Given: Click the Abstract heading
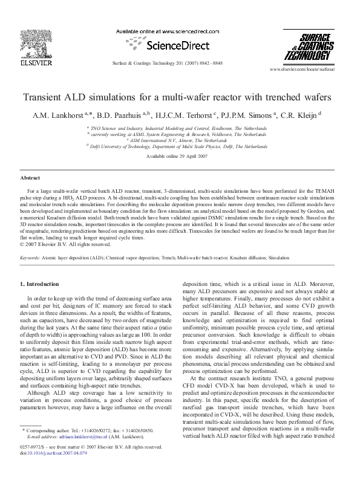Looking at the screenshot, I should [30, 178].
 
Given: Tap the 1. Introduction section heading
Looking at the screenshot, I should [40, 284].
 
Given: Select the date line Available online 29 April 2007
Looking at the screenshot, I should [180, 155].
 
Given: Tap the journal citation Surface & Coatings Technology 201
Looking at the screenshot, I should [180, 63].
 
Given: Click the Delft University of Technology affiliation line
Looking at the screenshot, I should [178, 146].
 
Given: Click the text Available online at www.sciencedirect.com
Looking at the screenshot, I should [171, 31].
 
